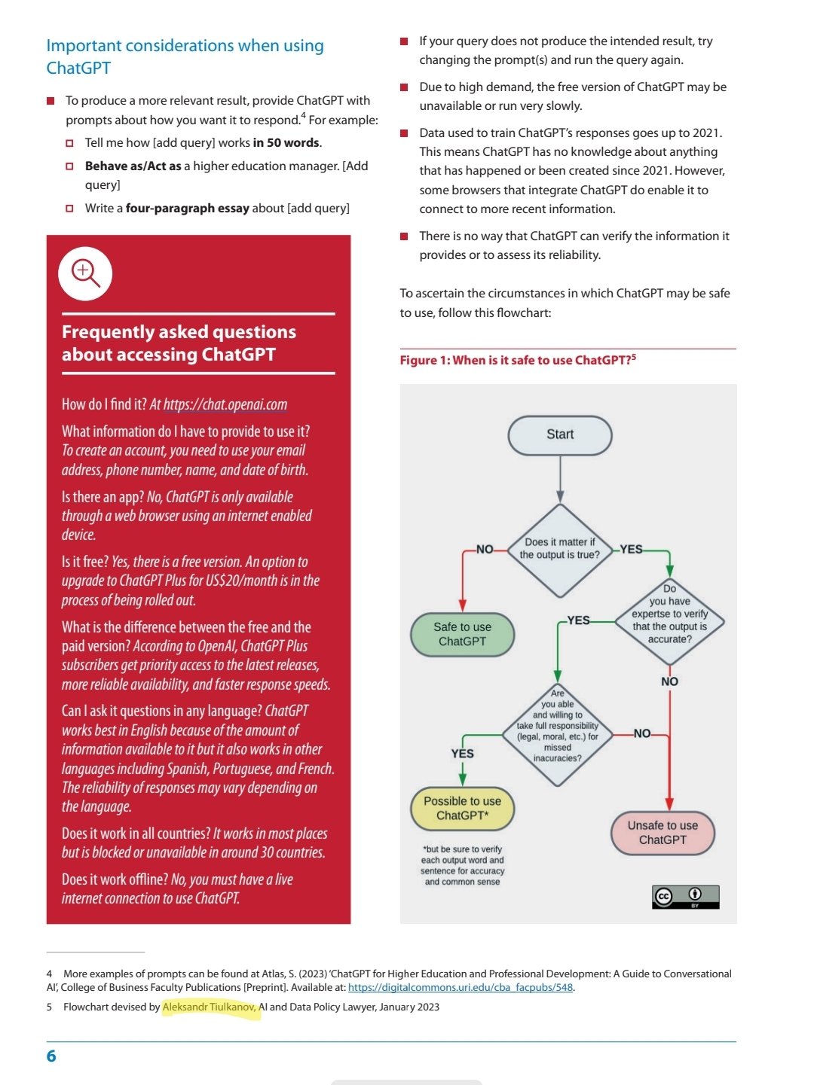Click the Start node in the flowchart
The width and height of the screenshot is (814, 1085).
[x=560, y=435]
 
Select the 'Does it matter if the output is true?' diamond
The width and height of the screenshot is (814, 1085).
[x=560, y=549]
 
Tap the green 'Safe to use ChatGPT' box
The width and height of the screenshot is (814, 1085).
[x=462, y=634]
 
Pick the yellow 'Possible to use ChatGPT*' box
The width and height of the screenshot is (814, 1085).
[x=462, y=808]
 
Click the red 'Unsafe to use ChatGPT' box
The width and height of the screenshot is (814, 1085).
[x=663, y=833]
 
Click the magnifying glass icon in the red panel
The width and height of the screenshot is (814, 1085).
[x=85, y=273]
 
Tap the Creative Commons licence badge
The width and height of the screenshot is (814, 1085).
[x=685, y=896]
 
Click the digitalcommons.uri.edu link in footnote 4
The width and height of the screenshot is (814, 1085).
[x=460, y=987]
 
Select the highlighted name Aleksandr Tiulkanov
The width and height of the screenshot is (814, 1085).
[x=210, y=1007]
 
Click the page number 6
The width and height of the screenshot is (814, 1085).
[x=51, y=1056]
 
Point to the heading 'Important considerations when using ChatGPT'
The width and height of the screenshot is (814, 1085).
[x=185, y=56]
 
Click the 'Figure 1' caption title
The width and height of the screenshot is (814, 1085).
[x=517, y=360]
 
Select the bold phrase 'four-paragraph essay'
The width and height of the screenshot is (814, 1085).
[x=187, y=208]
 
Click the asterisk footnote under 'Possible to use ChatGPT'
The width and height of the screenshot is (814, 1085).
[x=462, y=865]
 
